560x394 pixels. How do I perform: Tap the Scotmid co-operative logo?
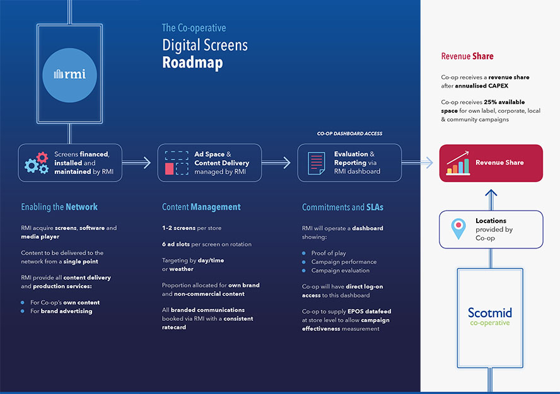tap(489, 316)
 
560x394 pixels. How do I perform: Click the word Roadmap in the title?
tap(192, 63)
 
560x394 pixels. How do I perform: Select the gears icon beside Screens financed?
tap(36, 163)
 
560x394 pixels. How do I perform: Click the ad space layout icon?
tap(176, 163)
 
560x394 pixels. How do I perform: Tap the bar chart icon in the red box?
tap(458, 163)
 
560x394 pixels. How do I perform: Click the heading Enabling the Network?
tap(59, 207)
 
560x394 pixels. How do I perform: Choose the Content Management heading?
tap(201, 207)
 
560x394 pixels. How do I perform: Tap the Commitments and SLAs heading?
tap(342, 207)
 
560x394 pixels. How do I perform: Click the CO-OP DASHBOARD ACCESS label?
tap(349, 134)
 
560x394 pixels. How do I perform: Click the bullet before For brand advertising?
tap(23, 311)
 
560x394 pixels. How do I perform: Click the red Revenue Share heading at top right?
tap(467, 56)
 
